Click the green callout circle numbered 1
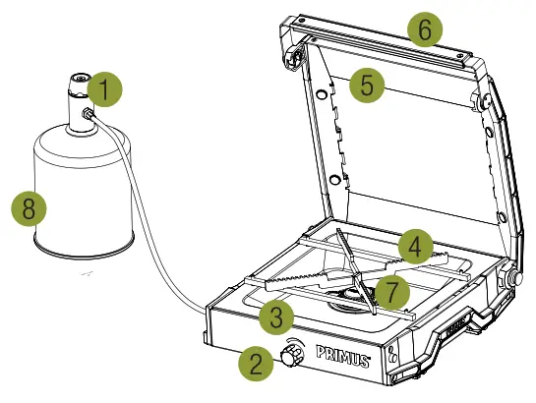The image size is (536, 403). click(103, 90)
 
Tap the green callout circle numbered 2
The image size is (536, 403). click(256, 365)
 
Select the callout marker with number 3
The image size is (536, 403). click(278, 316)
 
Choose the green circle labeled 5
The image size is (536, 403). click(367, 85)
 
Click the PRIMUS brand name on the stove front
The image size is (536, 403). click(341, 355)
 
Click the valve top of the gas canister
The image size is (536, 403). click(78, 80)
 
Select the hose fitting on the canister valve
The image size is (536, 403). click(89, 115)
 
